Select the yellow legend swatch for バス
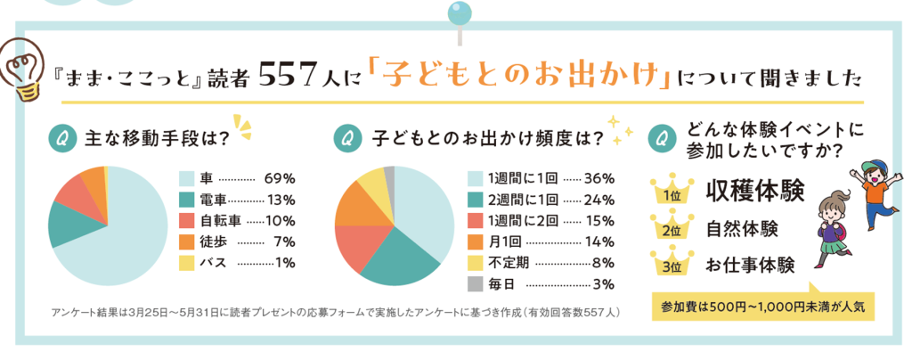pos(185,262)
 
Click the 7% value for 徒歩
pos(284,241)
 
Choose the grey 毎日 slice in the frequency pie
pos(389,174)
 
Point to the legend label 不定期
pos(509,263)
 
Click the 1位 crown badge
pos(667,191)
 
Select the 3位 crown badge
pos(667,265)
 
